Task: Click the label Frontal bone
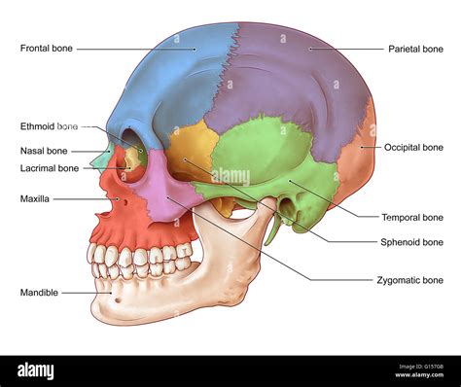pyautogui.click(x=46, y=48)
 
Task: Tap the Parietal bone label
pyautogui.click(x=415, y=48)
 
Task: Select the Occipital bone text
pyautogui.click(x=413, y=147)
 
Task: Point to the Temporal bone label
pyautogui.click(x=413, y=217)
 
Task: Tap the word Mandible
pyautogui.click(x=39, y=292)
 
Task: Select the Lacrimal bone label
pyautogui.click(x=50, y=167)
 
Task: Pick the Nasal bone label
pyautogui.click(x=43, y=151)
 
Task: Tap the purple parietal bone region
pyautogui.click(x=292, y=78)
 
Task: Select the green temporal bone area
pyautogui.click(x=263, y=156)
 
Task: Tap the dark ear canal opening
pyautogui.click(x=288, y=206)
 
